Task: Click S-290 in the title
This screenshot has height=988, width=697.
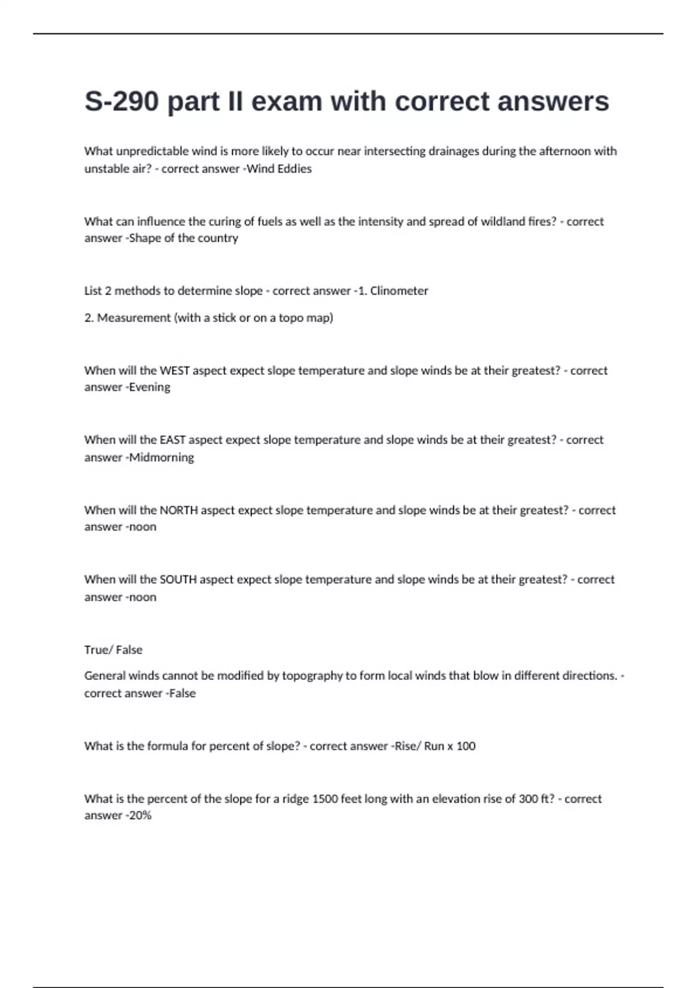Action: (121, 102)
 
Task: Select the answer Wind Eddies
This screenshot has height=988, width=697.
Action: (279, 169)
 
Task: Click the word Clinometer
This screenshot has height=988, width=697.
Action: (399, 291)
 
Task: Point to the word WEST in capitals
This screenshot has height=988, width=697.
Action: (175, 370)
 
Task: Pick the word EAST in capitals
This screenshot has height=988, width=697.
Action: (173, 440)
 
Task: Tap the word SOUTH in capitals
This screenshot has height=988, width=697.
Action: (178, 579)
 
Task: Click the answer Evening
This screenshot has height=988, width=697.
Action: (150, 387)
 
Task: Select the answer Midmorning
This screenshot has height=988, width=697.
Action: (161, 457)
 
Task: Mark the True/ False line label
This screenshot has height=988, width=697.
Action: (113, 650)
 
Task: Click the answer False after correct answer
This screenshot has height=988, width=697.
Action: (182, 693)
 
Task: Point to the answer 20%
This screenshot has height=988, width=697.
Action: (140, 815)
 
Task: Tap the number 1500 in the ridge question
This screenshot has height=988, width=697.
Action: (325, 799)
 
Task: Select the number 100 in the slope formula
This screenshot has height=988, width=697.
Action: (466, 746)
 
